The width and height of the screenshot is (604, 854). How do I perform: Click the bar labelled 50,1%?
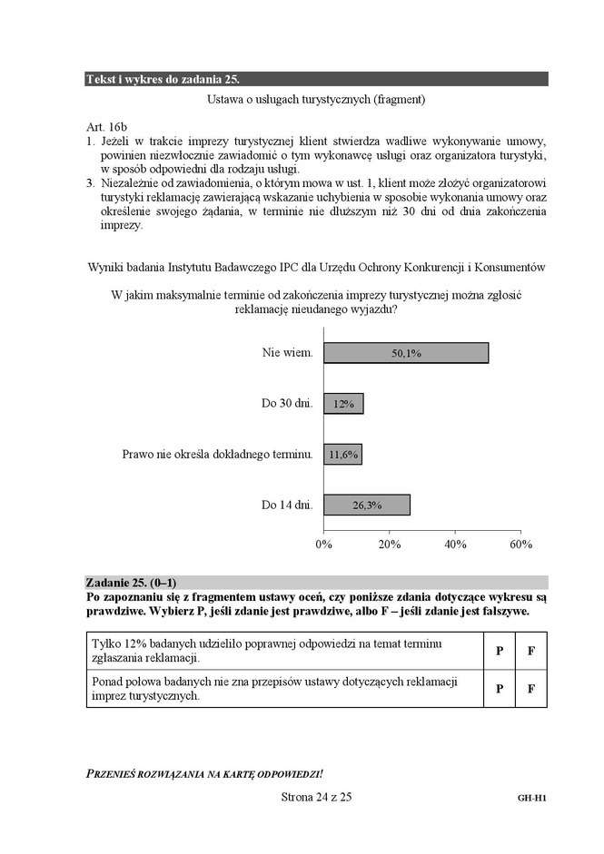406,353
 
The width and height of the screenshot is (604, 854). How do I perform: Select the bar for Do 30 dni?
343,404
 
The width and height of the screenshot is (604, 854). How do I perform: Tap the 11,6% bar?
342,454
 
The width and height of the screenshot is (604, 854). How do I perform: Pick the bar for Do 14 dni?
367,505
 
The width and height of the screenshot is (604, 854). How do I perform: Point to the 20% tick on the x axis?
389,544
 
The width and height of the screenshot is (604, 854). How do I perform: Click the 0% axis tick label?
323,544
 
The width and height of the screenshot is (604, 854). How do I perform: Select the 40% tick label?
455,544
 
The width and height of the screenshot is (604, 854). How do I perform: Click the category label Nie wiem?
288,353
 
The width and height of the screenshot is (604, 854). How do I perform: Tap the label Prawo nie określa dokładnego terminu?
218,454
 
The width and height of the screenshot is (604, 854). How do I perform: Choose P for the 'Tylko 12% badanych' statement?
500,652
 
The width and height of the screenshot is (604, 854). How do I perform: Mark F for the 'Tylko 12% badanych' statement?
530,652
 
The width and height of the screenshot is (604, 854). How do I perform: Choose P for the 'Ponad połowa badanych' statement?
500,689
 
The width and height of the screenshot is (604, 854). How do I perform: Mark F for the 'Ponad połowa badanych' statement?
530,689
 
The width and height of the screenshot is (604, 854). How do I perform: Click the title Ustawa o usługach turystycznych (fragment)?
316,99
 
